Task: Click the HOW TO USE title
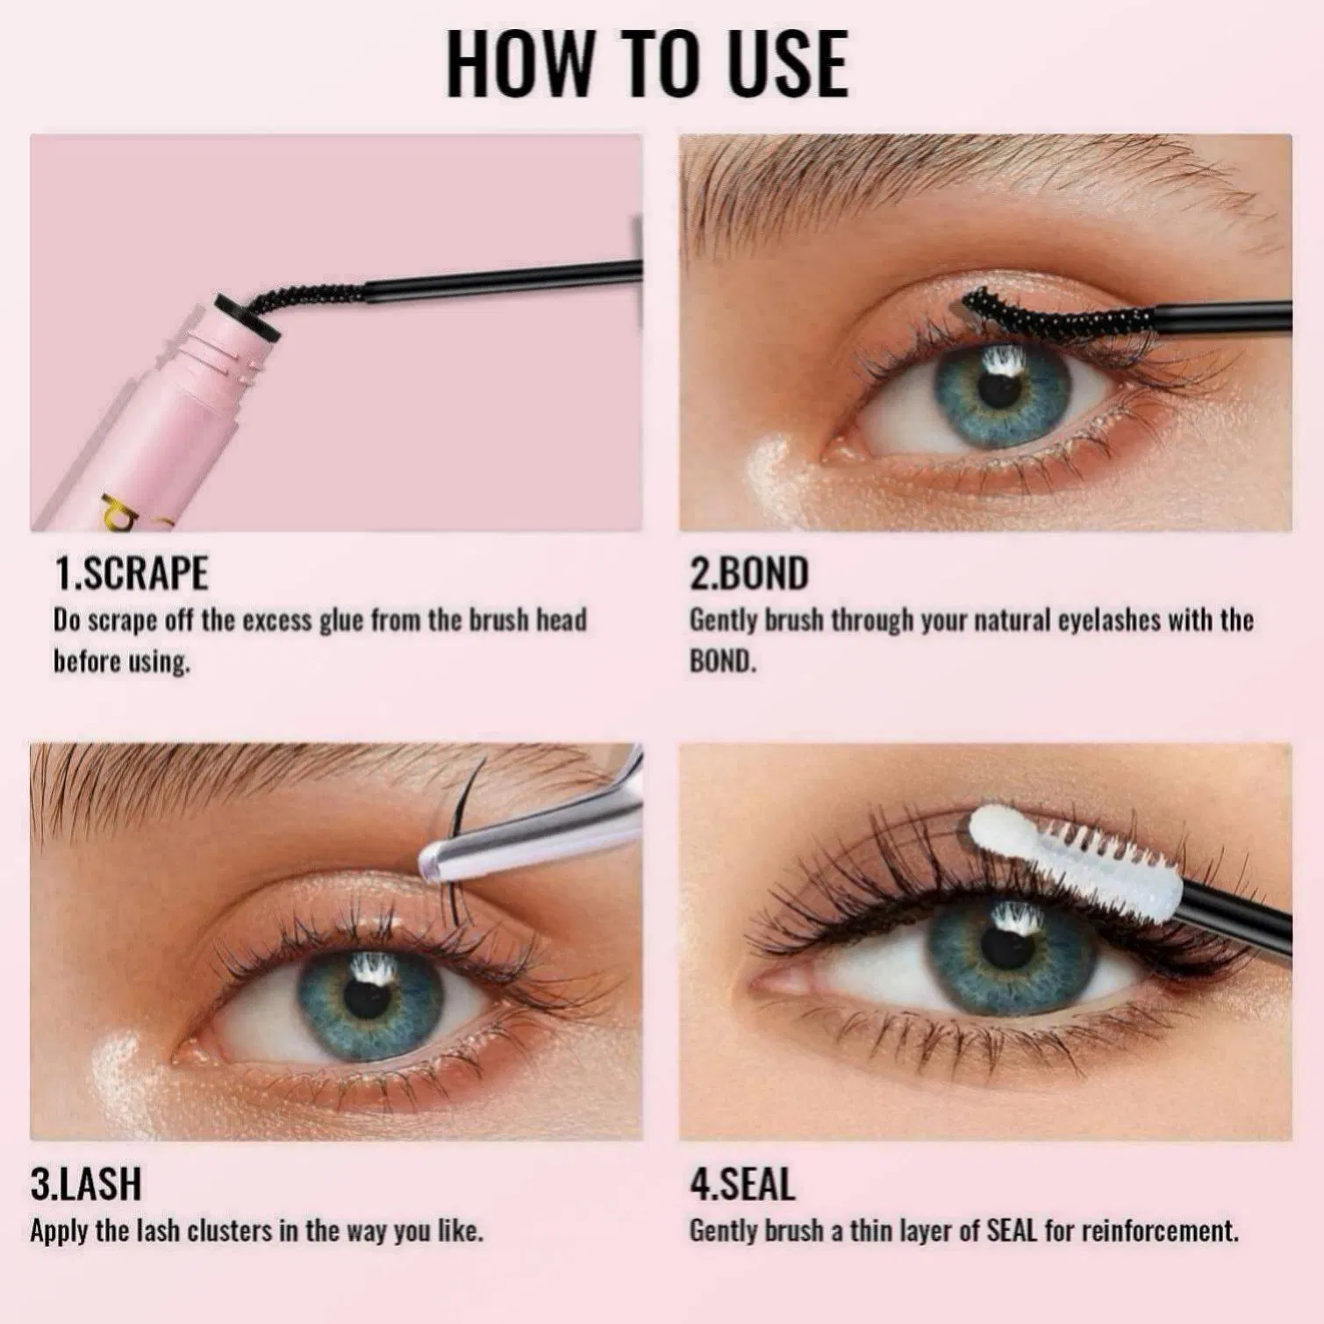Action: (648, 64)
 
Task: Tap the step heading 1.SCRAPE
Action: (132, 574)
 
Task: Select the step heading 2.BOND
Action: (748, 574)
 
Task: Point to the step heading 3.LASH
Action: (86, 1184)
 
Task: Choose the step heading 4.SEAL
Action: (742, 1184)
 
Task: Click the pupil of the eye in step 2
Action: (998, 390)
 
